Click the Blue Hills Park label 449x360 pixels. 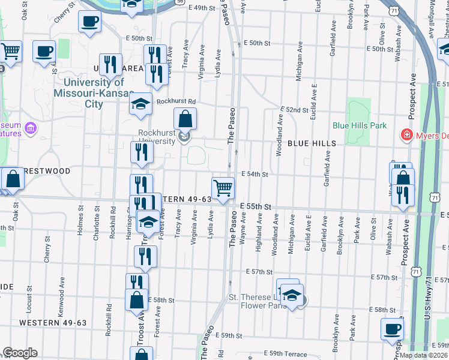coord(360,125)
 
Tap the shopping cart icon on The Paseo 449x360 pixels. coord(223,188)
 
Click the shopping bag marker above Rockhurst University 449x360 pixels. coord(185,119)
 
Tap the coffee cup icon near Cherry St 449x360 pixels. coord(89,22)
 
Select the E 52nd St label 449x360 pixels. coord(296,111)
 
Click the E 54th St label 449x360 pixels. coord(254,174)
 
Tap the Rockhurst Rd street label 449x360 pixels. coord(176,101)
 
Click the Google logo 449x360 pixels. coord(20,353)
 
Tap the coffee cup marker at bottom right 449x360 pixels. coord(393,328)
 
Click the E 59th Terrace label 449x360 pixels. coord(288,354)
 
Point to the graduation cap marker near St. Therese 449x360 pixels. coord(292,296)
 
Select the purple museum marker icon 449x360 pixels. coord(31,128)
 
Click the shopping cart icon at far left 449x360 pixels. coord(10,52)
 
